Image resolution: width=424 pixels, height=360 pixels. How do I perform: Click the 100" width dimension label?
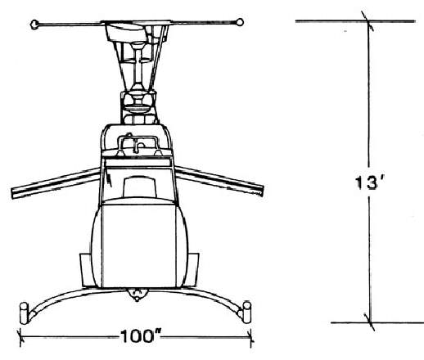point(141,336)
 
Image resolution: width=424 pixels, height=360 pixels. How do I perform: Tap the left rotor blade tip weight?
point(34,25)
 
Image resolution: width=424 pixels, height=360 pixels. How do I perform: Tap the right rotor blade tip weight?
point(240,22)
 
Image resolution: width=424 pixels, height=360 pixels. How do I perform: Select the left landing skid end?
point(24,313)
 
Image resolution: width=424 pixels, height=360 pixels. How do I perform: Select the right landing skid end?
point(247,313)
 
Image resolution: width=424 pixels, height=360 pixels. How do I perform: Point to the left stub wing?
point(56,182)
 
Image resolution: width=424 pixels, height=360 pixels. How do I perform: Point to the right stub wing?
point(219,181)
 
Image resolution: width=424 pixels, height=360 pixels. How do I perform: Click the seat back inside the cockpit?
point(140,187)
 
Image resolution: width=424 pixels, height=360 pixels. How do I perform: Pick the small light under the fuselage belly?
point(138,295)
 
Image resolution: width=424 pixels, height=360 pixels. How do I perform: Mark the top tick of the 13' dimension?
point(368,21)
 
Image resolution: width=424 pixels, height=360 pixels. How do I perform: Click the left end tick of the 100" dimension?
point(20,338)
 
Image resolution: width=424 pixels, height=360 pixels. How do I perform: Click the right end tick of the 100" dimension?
point(251,338)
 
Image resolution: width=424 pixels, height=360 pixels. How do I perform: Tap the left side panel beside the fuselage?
point(86,270)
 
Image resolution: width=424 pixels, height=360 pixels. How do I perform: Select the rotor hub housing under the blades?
point(125,32)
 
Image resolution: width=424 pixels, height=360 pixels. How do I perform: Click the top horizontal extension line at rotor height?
point(355,21)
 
